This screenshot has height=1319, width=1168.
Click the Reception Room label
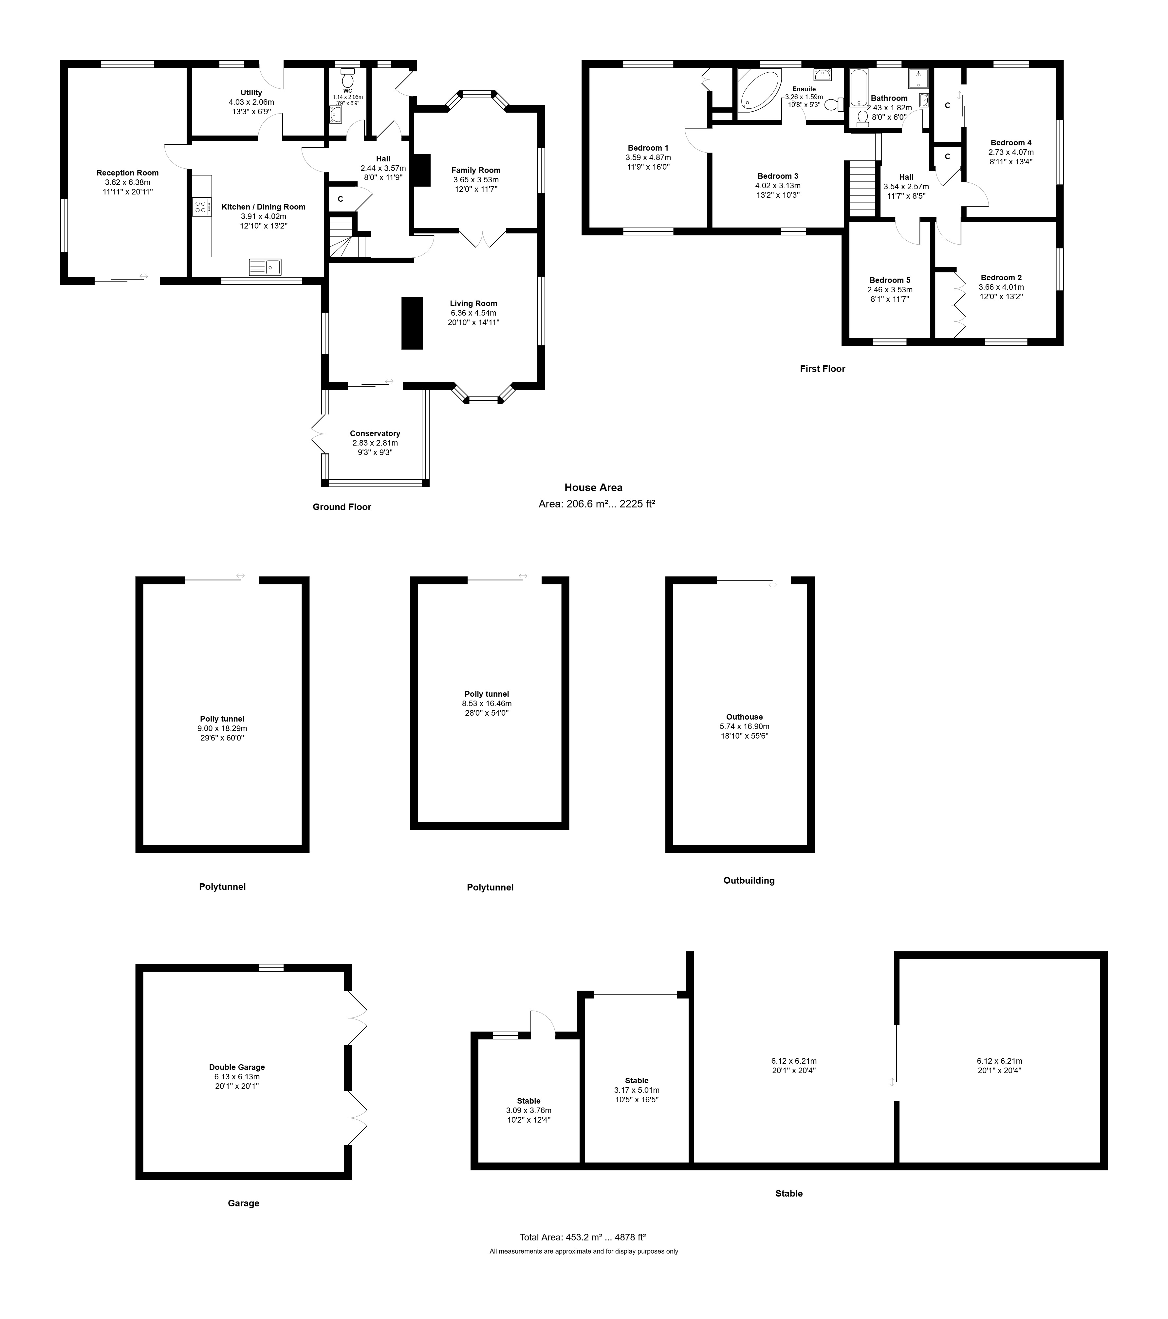click(x=128, y=173)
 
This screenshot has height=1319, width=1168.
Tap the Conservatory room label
click(x=375, y=434)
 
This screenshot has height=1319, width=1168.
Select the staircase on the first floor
click(x=861, y=189)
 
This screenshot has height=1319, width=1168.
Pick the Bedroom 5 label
click(x=890, y=280)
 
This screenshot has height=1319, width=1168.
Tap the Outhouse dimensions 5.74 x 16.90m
click(x=745, y=726)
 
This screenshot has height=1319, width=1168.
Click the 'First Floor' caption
click(x=822, y=369)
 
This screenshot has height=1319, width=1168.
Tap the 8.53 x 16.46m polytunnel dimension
click(x=487, y=704)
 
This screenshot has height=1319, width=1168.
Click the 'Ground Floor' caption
click(x=342, y=507)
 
